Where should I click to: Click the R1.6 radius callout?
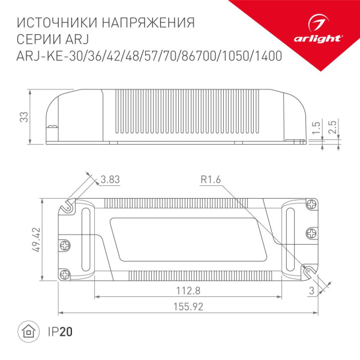(x=211, y=179)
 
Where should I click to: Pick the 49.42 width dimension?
(x=35, y=240)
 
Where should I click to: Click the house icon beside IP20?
(x=28, y=331)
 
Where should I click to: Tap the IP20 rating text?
(x=55, y=331)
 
